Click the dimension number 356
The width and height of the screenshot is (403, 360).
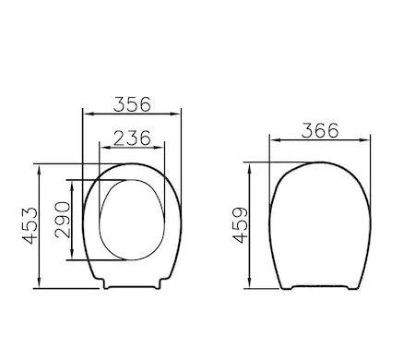point(132,104)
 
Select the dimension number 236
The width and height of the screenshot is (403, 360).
point(132,138)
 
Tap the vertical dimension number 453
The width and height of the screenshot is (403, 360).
point(30,226)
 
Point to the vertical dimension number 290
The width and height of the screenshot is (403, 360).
point(63,220)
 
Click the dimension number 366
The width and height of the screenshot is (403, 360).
point(320,130)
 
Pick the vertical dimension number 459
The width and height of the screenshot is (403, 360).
point(240,225)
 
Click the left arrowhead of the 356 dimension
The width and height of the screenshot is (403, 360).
point(89,114)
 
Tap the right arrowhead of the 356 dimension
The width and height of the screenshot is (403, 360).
point(176,114)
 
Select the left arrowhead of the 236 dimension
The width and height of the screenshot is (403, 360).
point(105,148)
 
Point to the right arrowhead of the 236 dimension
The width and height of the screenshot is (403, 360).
point(160,148)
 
